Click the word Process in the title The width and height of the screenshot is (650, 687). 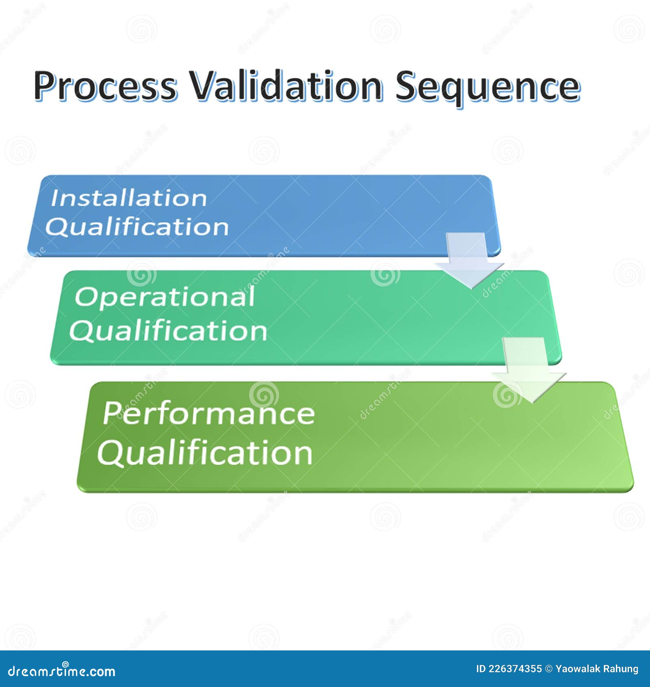coord(106,86)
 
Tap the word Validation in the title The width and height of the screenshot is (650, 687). coord(287,86)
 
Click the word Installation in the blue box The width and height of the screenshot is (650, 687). coord(129,198)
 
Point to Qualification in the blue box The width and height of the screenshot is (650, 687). coord(137,227)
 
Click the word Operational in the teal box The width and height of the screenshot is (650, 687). coord(165,297)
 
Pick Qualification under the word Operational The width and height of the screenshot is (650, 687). coord(168,330)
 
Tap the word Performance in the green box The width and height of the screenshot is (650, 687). coord(209,413)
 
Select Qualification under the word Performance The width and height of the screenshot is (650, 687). coord(205,453)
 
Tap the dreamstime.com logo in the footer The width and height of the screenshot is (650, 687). coord(62,672)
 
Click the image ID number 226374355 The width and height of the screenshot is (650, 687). coord(515,669)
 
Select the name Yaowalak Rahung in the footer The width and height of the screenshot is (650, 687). coord(597,669)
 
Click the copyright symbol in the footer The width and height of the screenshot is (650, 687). coord(548,669)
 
